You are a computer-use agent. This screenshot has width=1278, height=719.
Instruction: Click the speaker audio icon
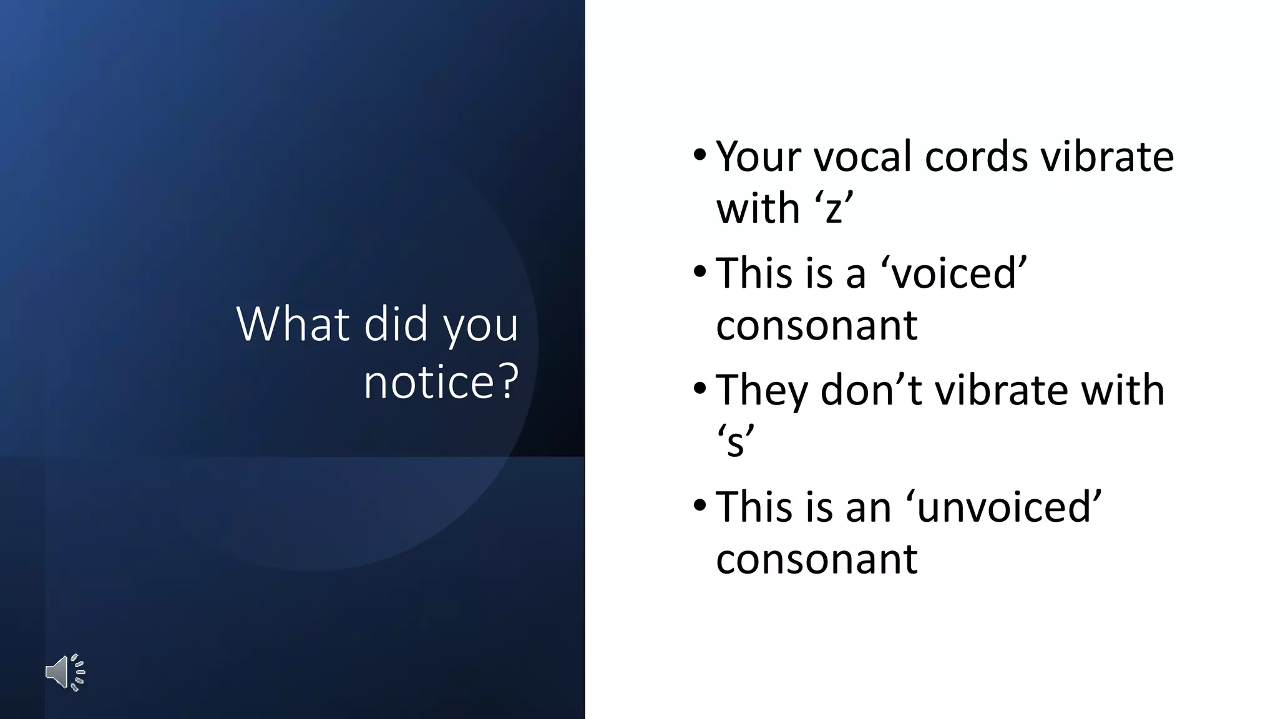65,673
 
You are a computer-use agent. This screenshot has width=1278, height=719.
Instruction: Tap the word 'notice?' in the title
441,381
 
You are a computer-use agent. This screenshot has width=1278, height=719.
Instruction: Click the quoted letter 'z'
834,208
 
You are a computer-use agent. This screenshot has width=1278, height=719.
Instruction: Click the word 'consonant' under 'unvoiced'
816,559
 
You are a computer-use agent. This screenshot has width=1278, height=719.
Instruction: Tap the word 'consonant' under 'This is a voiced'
816,325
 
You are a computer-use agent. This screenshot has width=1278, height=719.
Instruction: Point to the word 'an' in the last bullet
868,507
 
